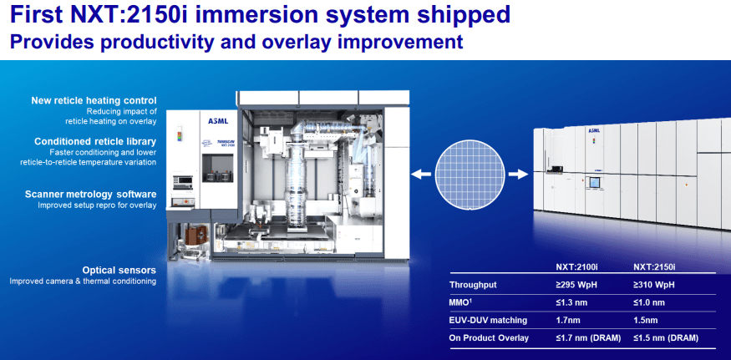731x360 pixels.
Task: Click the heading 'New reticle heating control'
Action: click(x=93, y=100)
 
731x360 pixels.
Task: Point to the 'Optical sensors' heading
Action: click(x=119, y=270)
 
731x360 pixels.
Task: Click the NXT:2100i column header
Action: click(x=576, y=268)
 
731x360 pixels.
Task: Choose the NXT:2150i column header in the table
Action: click(x=656, y=268)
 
